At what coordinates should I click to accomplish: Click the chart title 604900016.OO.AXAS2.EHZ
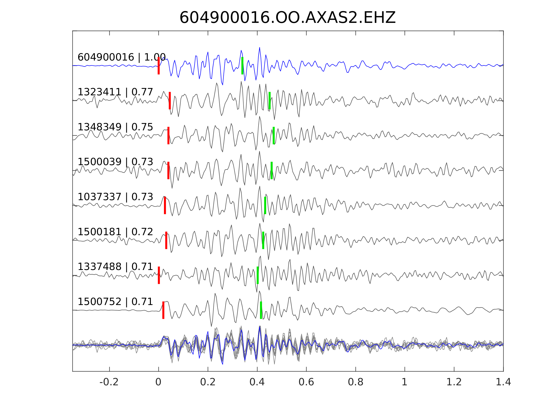click(x=287, y=18)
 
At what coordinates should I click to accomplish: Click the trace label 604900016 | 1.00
click(x=122, y=57)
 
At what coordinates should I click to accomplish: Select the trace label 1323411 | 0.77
click(x=115, y=92)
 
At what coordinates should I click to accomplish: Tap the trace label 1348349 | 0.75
click(x=115, y=127)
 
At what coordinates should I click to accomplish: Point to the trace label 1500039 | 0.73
click(x=115, y=162)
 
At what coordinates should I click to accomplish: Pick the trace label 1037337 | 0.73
click(x=115, y=197)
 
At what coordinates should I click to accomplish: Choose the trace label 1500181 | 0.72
click(x=115, y=232)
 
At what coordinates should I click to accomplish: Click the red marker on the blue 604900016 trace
click(x=159, y=66)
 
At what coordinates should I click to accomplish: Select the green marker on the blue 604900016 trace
click(x=242, y=66)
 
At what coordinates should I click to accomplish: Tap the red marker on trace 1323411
click(x=170, y=101)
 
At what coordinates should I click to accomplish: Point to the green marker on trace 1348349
click(x=274, y=136)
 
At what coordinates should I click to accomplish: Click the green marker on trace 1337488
click(x=258, y=275)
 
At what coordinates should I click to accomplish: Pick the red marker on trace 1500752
click(x=163, y=310)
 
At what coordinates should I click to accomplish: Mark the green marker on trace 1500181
click(x=263, y=240)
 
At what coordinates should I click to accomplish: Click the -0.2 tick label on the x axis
click(x=109, y=382)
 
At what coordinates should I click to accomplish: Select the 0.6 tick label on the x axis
click(x=306, y=382)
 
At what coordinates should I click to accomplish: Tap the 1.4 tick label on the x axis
click(x=503, y=382)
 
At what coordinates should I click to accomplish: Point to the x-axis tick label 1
click(x=404, y=382)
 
